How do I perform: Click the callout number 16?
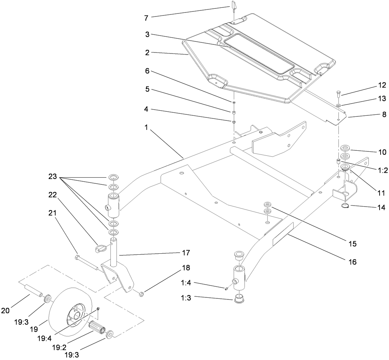point(352,261)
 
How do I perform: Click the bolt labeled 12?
point(338,95)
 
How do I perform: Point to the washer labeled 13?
point(338,106)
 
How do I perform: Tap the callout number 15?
point(352,243)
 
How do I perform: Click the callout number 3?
point(147,34)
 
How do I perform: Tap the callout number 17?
point(186,252)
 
